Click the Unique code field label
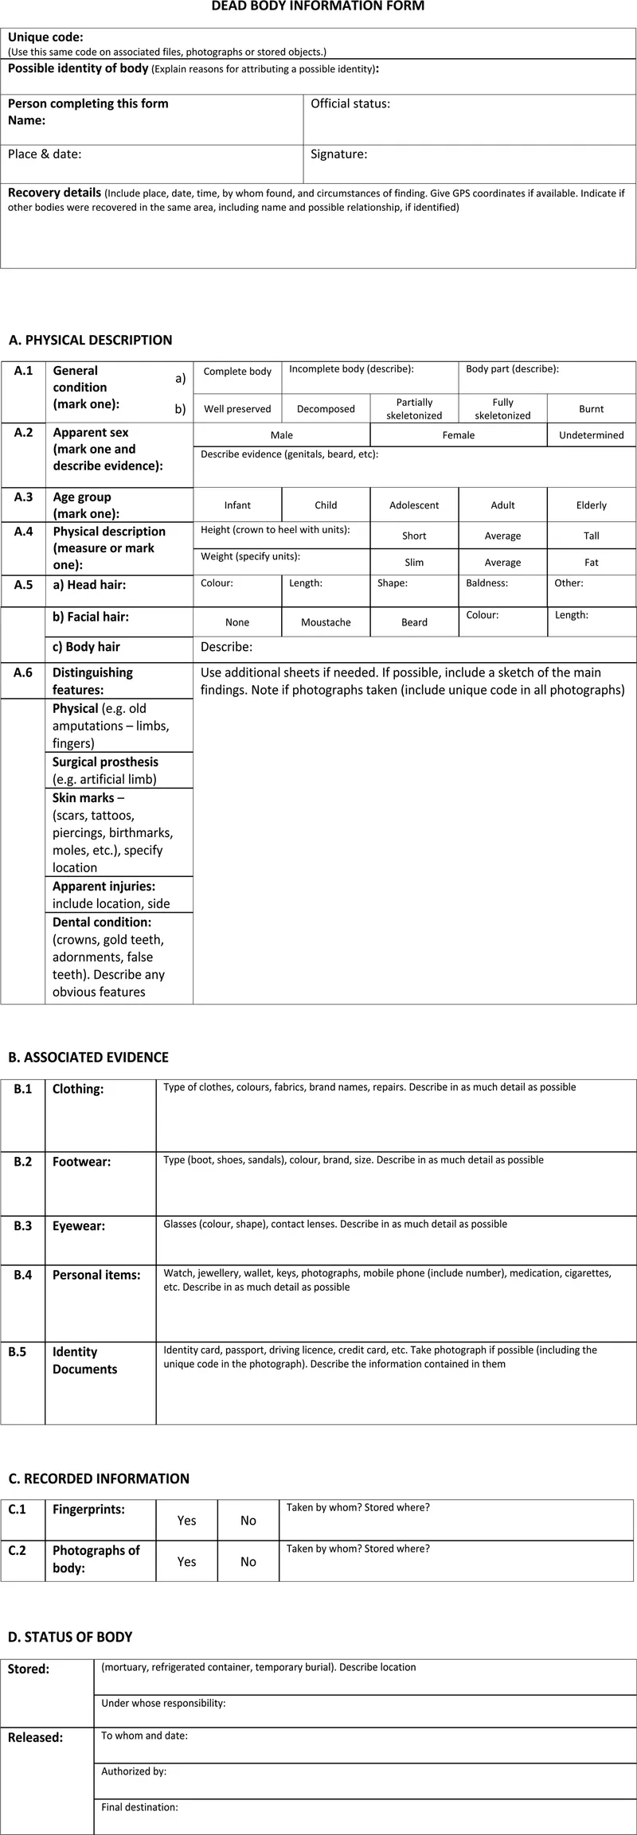coord(45,37)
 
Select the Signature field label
coord(339,154)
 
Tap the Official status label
coord(350,103)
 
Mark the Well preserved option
coord(237,409)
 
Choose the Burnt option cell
coord(591,409)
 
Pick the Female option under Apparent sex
coord(459,435)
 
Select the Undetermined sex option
coord(591,435)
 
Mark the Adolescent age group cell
coord(414,505)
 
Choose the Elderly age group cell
coord(591,505)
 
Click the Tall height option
coord(591,536)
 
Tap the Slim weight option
coord(414,563)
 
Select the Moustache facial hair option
coord(326,622)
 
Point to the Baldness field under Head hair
coord(487,583)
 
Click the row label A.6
coord(23,672)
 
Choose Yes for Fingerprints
coord(186,1521)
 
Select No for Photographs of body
coord(248,1562)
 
